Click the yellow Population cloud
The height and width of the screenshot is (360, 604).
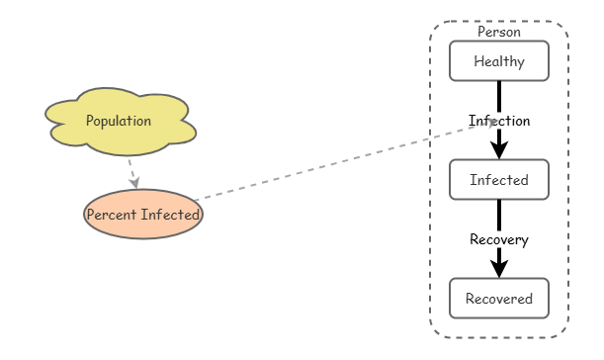[x=120, y=122]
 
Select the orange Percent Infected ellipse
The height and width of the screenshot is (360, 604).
[x=143, y=215]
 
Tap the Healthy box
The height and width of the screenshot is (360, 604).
[x=498, y=61]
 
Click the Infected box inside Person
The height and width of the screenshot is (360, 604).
[x=498, y=180]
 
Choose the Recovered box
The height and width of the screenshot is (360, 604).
[x=498, y=299]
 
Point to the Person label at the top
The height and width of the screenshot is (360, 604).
[x=498, y=32]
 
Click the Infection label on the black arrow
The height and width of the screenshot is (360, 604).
[x=499, y=121]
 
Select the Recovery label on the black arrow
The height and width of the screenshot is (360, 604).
[x=498, y=239]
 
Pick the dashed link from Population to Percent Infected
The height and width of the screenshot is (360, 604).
[x=130, y=170]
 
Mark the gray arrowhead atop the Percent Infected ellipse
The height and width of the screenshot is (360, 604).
[x=133, y=183]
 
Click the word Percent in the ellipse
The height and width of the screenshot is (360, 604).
[x=111, y=215]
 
